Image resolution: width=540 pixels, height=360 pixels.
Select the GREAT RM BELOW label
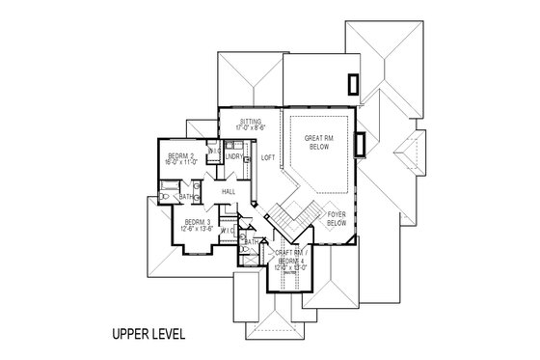pos(317,142)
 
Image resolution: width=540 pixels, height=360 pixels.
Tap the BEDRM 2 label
pos(182,156)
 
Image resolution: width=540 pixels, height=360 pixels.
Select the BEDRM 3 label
pos(198,222)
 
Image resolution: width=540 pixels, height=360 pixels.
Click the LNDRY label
pos(234,156)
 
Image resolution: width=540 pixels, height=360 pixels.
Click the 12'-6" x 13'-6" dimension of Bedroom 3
pos(199,230)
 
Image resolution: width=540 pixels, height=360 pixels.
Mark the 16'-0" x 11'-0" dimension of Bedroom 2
pos(182,163)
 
